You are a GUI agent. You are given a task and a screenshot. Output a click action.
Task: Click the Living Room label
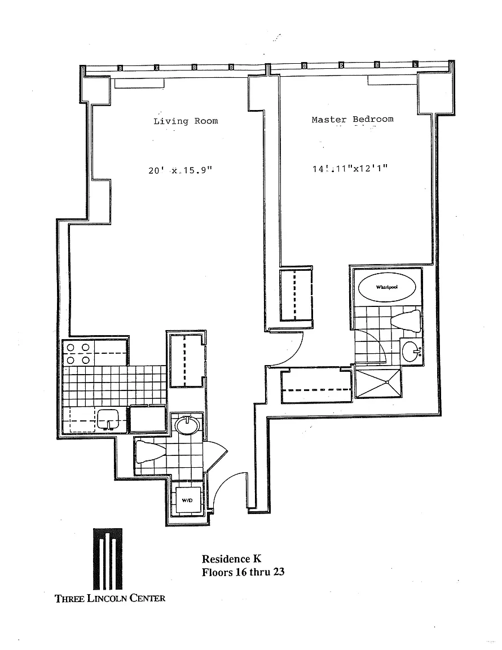tap(186, 121)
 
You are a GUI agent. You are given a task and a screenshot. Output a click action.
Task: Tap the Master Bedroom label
tap(353, 119)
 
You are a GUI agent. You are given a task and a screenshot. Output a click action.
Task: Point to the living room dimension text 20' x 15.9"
tap(180, 170)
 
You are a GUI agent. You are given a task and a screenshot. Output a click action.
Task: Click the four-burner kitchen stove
tap(78, 354)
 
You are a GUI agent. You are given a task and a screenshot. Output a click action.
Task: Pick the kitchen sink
tap(107, 419)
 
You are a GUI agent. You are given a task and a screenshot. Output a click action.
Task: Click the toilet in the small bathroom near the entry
tap(149, 451)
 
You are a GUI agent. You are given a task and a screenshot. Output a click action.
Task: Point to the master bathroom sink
tap(412, 352)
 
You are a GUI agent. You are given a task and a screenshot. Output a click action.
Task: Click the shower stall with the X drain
tap(378, 382)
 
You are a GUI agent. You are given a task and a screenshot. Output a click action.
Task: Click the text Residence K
tap(232, 559)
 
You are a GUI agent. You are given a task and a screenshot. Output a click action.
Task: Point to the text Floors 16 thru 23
tap(243, 572)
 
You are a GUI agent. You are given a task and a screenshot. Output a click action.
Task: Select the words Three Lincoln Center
tap(110, 598)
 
